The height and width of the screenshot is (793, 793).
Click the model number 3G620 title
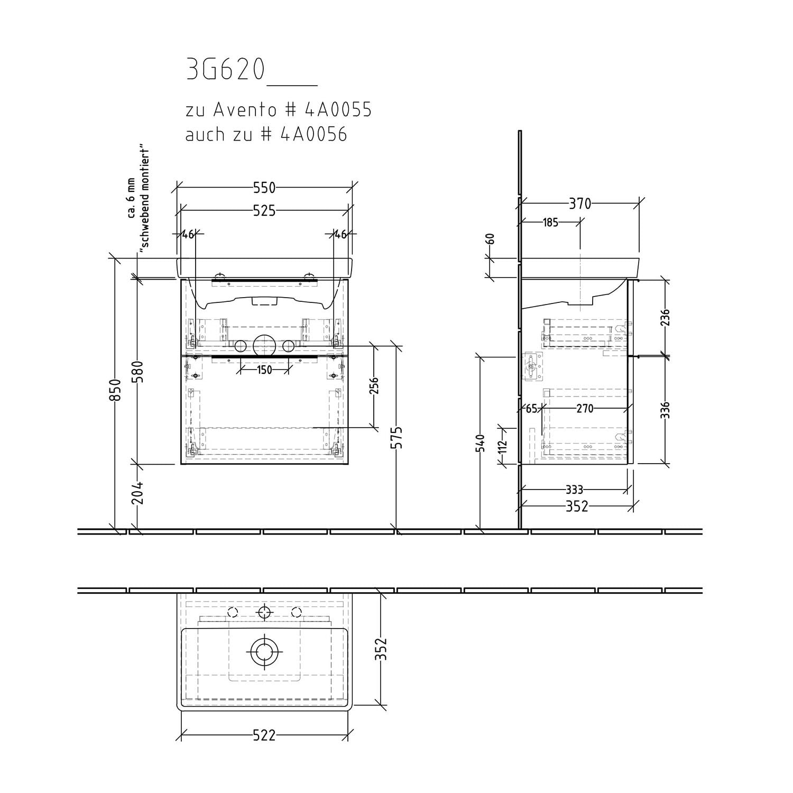tap(225, 70)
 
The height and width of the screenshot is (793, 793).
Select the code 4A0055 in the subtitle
tap(338, 110)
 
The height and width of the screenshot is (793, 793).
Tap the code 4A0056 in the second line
tap(313, 134)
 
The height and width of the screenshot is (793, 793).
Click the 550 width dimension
tap(264, 188)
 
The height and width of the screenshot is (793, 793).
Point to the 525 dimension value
tap(264, 211)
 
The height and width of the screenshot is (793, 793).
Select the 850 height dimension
tap(117, 390)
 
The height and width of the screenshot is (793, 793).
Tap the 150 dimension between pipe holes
tap(264, 370)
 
